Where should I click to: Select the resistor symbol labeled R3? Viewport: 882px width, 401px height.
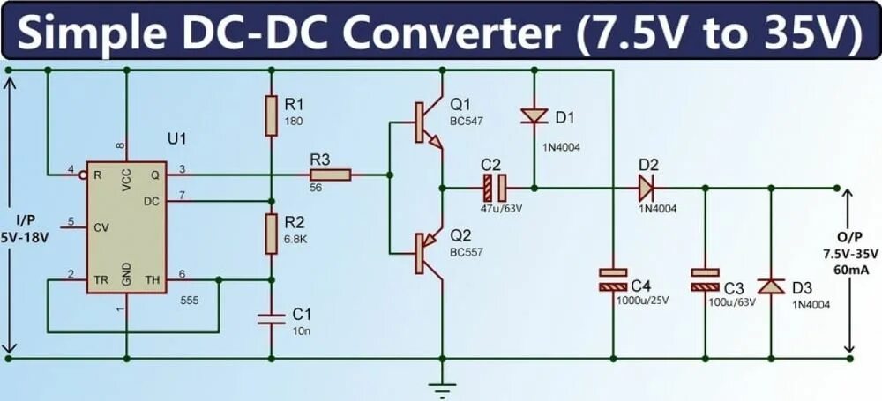[330, 175]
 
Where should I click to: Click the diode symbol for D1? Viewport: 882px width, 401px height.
[534, 115]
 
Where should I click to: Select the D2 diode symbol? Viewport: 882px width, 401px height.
[647, 187]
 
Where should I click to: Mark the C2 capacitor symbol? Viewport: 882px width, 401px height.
[493, 187]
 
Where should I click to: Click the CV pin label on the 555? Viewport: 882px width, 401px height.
[101, 227]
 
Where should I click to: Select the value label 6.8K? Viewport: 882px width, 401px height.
[296, 239]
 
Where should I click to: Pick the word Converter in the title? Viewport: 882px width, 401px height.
[451, 33]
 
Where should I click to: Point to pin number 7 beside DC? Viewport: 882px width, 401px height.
[183, 194]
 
